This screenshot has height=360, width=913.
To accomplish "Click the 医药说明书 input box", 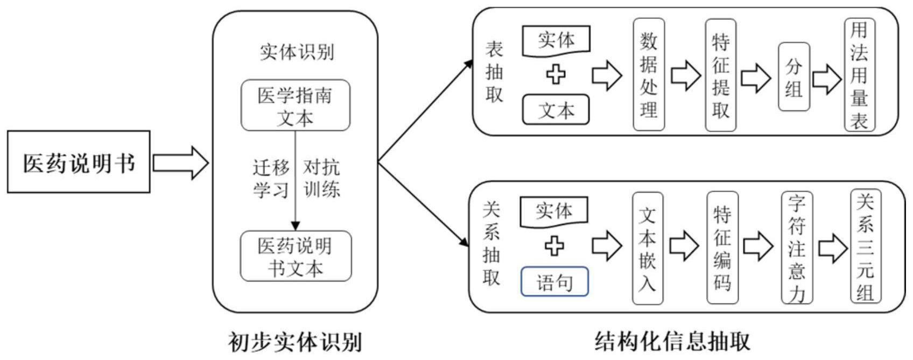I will click(79, 162).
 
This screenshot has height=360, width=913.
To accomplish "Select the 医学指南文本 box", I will click(295, 105).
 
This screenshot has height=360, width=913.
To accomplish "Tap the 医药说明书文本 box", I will click(295, 256).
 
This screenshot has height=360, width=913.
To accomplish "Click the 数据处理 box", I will click(649, 75).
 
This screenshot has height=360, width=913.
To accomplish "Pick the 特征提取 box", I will click(720, 75).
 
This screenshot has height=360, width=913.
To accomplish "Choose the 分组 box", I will click(793, 77).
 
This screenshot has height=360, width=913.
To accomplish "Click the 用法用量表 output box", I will click(859, 75).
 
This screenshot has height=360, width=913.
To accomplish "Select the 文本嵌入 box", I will click(647, 248).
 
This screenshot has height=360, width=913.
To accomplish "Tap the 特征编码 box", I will click(722, 248).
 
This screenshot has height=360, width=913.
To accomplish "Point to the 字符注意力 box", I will click(796, 248).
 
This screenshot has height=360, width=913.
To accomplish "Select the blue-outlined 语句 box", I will click(554, 281).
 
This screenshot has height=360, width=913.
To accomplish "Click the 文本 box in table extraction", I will click(556, 110).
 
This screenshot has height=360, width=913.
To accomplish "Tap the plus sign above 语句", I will click(554, 246).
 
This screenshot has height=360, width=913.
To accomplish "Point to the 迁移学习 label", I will click(271, 179).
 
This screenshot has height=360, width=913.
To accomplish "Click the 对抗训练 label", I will click(321, 179).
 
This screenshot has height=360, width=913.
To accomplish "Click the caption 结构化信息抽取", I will click(672, 341).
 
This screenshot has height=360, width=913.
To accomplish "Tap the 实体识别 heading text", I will click(297, 52).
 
